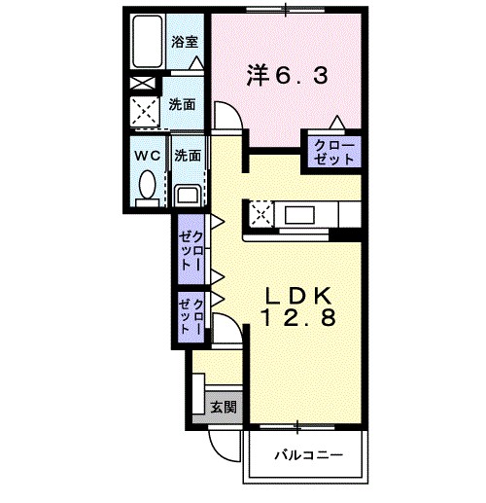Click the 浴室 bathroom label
(x=185, y=41)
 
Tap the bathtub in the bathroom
(x=149, y=44)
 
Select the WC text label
(x=149, y=155)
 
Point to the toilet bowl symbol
(x=148, y=184)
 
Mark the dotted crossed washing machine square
(x=148, y=112)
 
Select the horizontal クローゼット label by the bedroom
(x=333, y=151)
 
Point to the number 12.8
(x=298, y=318)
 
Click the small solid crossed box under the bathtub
(x=142, y=84)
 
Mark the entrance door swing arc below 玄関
(x=226, y=446)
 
